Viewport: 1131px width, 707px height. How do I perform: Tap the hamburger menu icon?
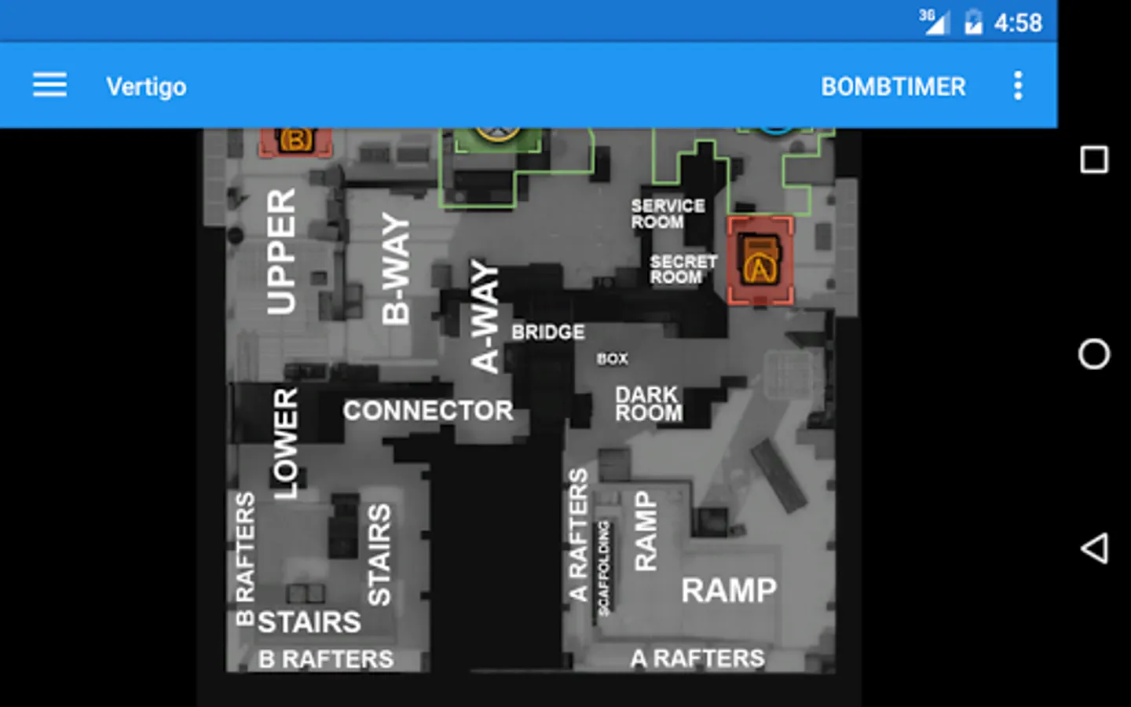[x=49, y=85]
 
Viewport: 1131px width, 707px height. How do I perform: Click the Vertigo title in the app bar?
[x=146, y=86]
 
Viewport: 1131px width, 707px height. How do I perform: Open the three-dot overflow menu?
[x=1018, y=86]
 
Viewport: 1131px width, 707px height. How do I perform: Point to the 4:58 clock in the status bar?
[x=1018, y=23]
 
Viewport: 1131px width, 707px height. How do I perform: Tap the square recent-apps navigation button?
[x=1094, y=160]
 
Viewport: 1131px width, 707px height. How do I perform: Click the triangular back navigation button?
[x=1094, y=548]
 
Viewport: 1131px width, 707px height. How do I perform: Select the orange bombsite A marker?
[x=759, y=261]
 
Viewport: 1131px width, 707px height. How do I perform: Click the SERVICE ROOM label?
[x=667, y=214]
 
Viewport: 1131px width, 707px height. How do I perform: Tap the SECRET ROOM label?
[x=683, y=269]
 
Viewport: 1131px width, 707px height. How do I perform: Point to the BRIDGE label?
[x=548, y=332]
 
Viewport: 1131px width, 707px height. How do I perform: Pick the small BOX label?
[x=612, y=359]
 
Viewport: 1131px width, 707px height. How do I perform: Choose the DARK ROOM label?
[x=648, y=404]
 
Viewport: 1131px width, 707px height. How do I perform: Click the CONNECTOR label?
[x=428, y=410]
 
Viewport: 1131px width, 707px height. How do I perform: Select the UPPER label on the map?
[x=281, y=251]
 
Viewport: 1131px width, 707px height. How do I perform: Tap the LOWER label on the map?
[x=286, y=444]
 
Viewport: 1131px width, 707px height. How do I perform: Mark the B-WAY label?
[x=397, y=269]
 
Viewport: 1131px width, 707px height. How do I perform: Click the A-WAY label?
[x=485, y=317]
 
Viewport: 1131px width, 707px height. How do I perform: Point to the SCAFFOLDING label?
[x=603, y=567]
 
